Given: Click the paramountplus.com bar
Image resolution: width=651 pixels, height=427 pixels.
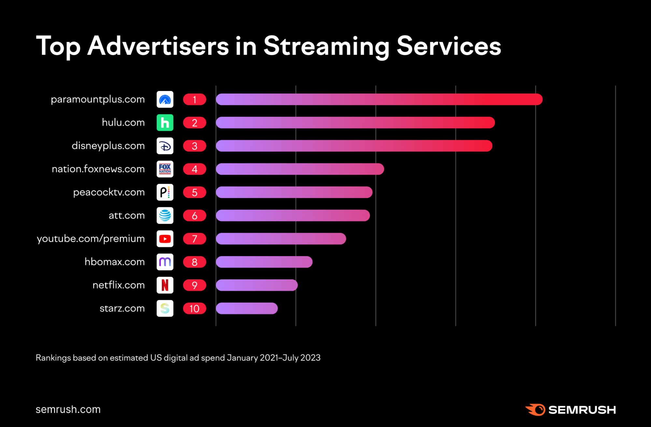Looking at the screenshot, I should (x=379, y=99).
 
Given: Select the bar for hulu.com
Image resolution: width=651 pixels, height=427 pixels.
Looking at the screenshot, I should (x=355, y=123).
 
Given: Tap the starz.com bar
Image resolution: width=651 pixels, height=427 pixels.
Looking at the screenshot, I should (x=247, y=308).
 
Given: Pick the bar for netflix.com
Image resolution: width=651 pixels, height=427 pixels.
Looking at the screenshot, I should (x=257, y=285).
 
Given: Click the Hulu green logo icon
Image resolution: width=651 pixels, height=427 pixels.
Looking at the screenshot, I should (x=165, y=123).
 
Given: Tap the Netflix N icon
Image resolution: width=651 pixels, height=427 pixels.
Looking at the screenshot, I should (x=165, y=285).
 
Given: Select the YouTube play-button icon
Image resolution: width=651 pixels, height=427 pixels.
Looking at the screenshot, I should (x=165, y=239).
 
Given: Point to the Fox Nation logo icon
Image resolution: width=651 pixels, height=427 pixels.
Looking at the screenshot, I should (x=165, y=169).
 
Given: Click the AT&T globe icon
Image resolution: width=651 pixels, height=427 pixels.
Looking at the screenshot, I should (x=165, y=215).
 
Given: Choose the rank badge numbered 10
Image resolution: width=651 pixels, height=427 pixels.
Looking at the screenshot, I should (x=194, y=308).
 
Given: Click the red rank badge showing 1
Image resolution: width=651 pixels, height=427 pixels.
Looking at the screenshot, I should (x=194, y=99).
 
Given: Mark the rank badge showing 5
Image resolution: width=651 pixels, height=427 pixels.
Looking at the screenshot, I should (x=194, y=192).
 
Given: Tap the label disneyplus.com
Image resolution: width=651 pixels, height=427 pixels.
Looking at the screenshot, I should (x=108, y=146).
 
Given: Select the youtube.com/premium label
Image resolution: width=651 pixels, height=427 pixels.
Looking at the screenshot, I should (x=91, y=239).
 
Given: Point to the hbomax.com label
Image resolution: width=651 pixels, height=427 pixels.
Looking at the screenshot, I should (x=115, y=262).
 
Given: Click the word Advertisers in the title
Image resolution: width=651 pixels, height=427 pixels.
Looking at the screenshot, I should (x=158, y=46).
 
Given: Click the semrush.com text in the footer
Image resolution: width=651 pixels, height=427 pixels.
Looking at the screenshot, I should (x=68, y=409).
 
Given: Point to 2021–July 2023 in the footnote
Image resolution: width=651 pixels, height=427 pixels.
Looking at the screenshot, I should (x=290, y=358).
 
